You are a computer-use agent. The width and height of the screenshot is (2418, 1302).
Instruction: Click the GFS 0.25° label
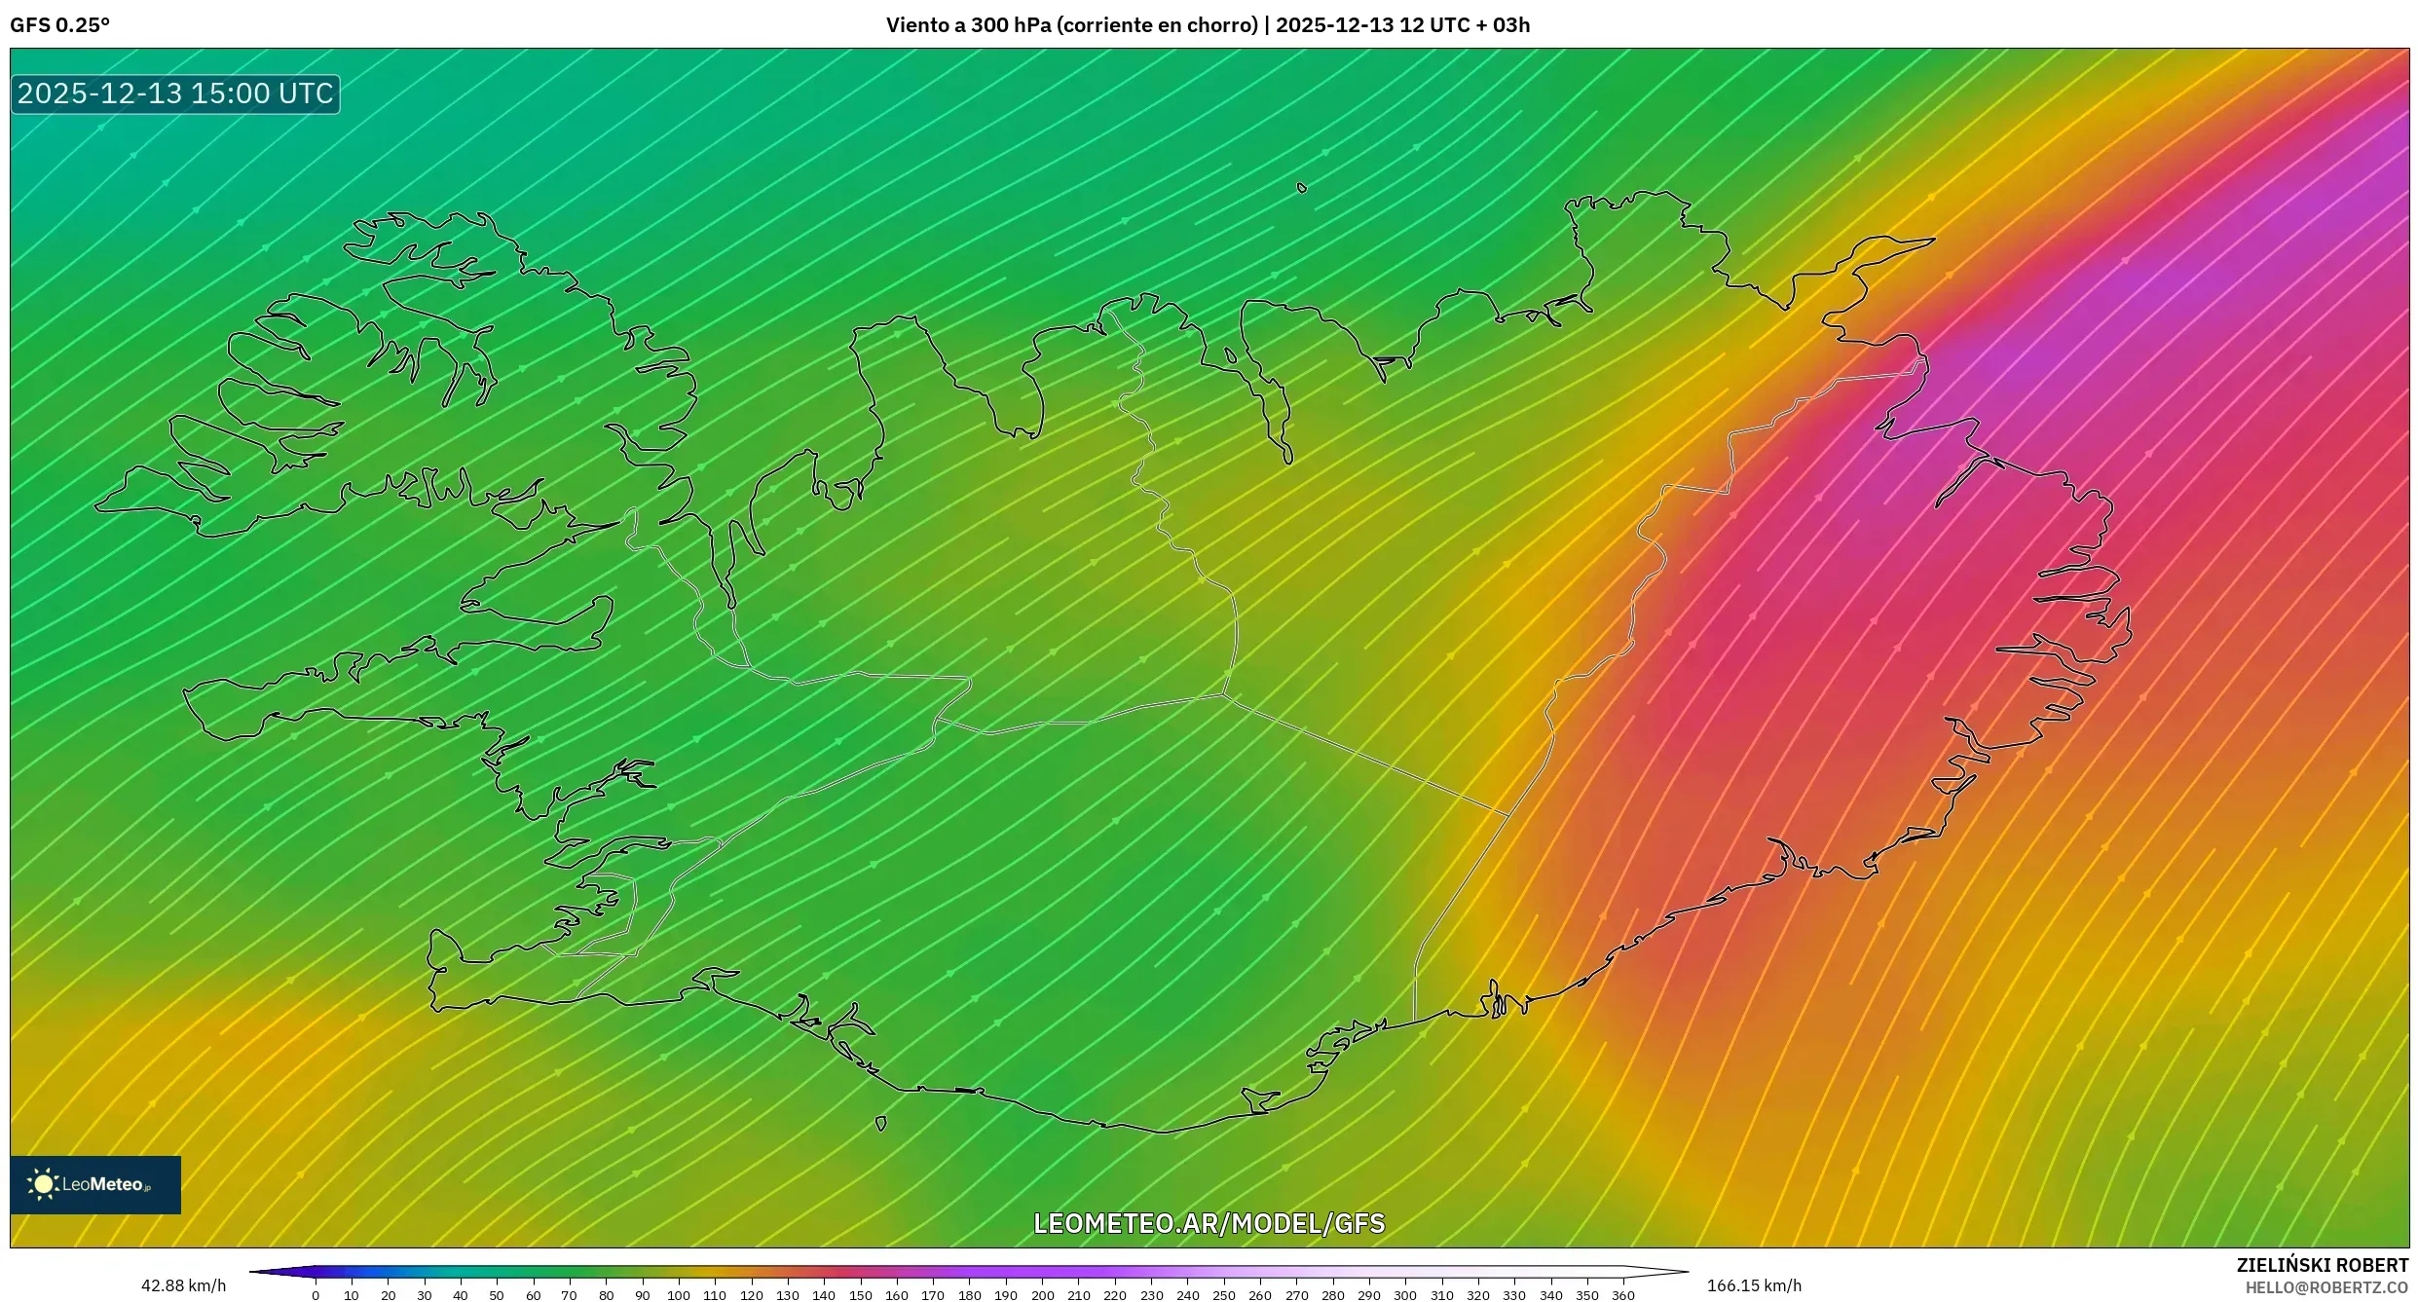[x=59, y=25]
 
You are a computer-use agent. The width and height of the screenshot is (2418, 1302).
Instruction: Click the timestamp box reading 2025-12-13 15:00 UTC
[x=175, y=93]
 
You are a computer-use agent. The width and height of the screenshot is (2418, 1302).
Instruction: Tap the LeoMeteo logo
[x=95, y=1184]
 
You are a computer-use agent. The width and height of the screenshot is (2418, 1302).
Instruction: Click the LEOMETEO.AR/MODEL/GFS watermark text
[x=1209, y=1223]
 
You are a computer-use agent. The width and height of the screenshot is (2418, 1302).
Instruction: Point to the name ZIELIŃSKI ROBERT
[x=2322, y=1265]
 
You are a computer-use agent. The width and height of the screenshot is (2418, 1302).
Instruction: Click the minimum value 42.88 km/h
[x=183, y=1285]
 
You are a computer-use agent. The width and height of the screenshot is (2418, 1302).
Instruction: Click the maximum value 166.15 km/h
[x=1754, y=1285]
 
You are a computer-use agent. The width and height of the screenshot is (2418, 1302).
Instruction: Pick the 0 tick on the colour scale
[x=316, y=1295]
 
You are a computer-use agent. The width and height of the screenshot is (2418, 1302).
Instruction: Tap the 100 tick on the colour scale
[x=679, y=1295]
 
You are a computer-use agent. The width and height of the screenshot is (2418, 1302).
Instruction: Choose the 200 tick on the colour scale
[x=1042, y=1295]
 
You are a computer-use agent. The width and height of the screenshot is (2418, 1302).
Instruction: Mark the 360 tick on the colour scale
[x=1623, y=1295]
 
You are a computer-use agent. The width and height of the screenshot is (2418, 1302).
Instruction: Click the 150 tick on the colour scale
[x=860, y=1295]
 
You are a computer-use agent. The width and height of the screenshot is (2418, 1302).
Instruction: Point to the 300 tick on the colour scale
[x=1405, y=1295]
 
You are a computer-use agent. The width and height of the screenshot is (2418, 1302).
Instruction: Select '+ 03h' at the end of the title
[x=1503, y=25]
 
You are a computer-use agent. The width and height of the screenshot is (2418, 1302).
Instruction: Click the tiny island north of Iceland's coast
[x=1302, y=188]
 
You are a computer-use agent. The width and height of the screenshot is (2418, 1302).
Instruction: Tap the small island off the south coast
[x=881, y=1124]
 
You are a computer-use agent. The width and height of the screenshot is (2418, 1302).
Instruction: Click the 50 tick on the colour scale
[x=497, y=1295]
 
